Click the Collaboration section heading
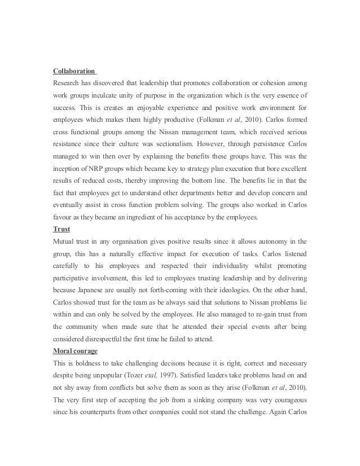[74, 72]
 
